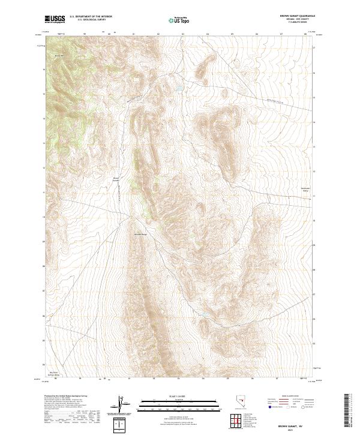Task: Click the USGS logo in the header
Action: pyautogui.click(x=55, y=19)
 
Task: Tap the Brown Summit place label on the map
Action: pyautogui.click(x=117, y=179)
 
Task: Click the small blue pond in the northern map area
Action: pyautogui.click(x=179, y=91)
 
